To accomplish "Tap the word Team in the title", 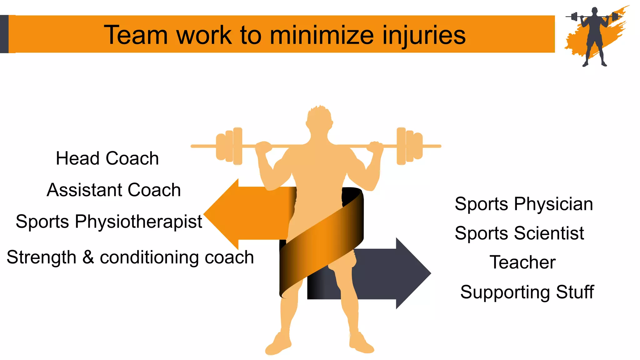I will (136, 35).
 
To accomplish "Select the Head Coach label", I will (107, 158).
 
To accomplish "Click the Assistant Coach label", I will (114, 190).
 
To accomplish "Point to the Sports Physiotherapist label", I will (109, 222).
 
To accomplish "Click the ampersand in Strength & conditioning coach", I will (88, 257).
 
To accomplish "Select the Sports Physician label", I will (524, 204).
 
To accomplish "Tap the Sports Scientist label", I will (519, 233).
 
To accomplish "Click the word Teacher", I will (522, 262).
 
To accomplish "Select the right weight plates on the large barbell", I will (409, 146).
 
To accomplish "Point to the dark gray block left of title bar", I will (4, 34).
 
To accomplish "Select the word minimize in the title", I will (322, 35).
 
